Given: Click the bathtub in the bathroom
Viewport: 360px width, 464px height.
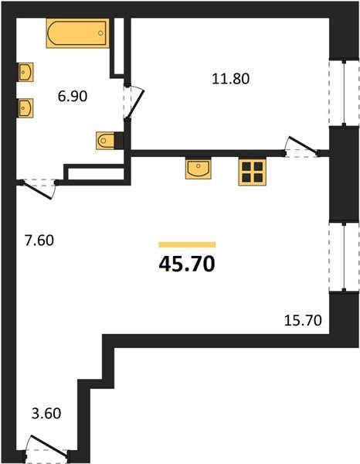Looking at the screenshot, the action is point(77,33).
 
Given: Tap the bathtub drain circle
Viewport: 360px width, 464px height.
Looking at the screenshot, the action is point(100,32).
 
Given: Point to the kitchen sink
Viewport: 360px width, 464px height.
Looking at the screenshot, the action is point(199,168).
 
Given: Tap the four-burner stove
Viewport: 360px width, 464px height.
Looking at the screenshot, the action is point(252,172).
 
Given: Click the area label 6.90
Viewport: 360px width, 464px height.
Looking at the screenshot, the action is point(73,97).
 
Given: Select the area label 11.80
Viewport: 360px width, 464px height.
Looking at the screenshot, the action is point(231,79).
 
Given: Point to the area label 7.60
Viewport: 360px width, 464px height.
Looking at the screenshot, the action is point(39,241).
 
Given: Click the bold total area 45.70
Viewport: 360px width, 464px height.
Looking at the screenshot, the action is point(187,264).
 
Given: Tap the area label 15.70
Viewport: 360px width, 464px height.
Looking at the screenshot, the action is point(303,320).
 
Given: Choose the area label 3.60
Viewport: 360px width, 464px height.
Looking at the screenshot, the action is point(46,413).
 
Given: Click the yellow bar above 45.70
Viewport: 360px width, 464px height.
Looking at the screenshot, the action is point(187,244).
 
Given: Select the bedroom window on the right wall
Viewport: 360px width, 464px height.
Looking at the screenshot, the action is point(344,93).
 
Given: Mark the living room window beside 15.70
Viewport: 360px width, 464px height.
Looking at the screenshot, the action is point(344,257).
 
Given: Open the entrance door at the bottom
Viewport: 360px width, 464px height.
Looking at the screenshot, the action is point(47,450).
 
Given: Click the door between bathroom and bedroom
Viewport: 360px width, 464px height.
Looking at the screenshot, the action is point(133,102).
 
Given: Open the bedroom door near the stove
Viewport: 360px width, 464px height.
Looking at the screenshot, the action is point(301,148).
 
